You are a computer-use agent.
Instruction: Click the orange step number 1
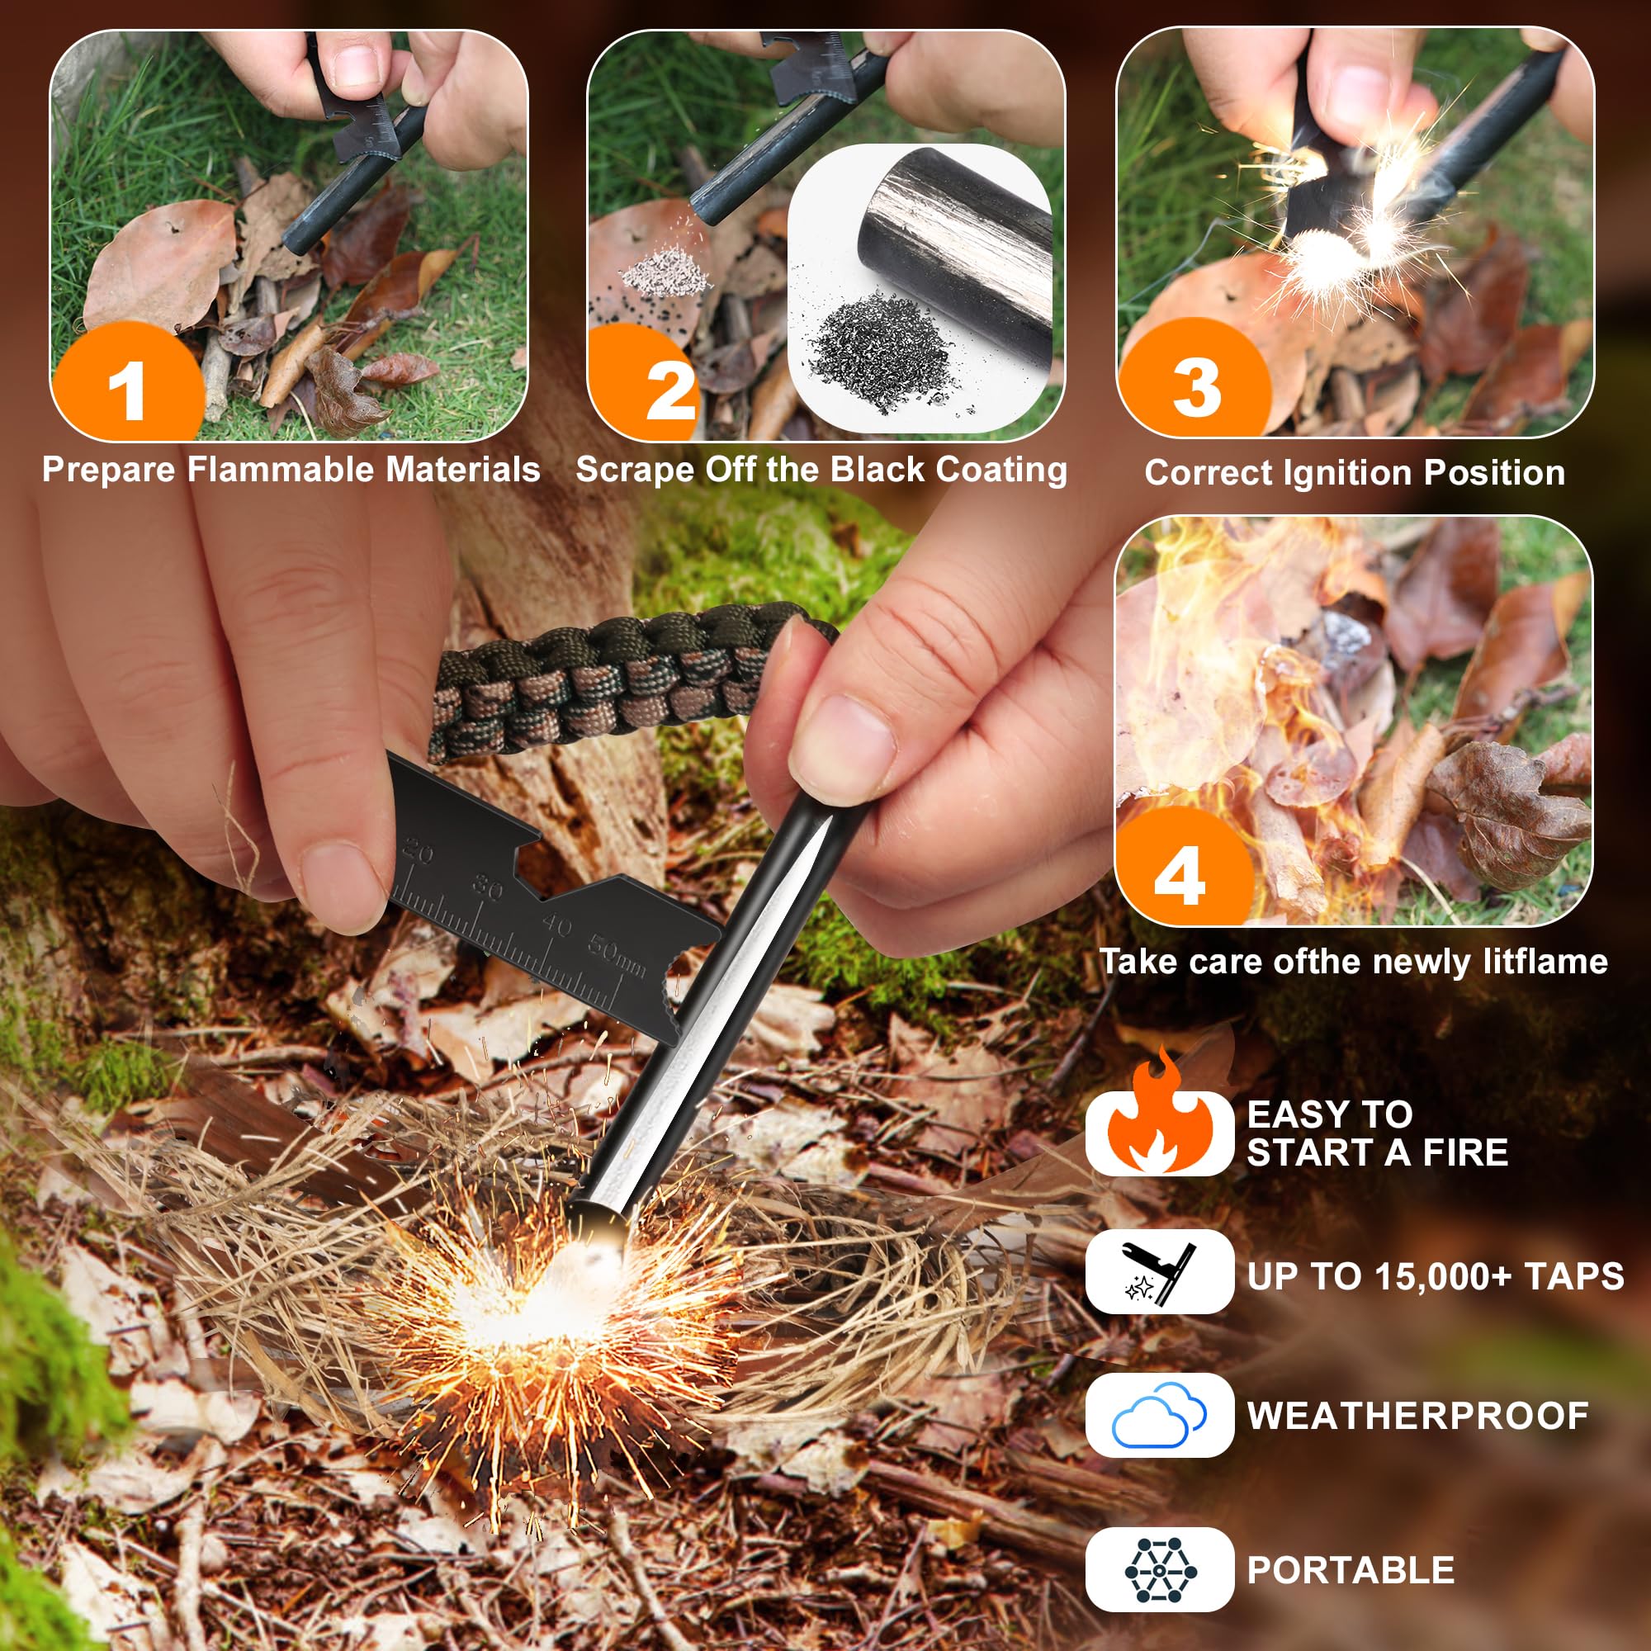tap(128, 390)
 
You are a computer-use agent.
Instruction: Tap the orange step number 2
tap(669, 390)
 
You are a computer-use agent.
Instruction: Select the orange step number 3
tap(1196, 387)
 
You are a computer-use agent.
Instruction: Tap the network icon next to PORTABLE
tap(1159, 1571)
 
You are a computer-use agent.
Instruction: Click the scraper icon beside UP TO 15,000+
tap(1159, 1273)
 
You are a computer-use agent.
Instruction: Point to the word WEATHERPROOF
tap(1417, 1416)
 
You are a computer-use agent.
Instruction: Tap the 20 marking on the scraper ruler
tap(419, 850)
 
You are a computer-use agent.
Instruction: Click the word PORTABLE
tap(1351, 1571)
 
